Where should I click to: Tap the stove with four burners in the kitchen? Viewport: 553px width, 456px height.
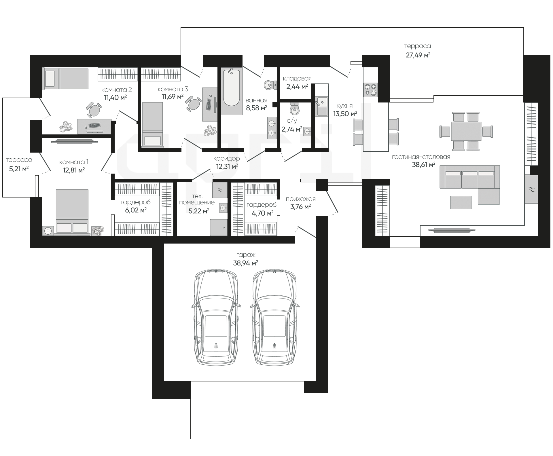point(370,89)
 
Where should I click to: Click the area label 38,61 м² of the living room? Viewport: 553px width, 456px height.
point(424,165)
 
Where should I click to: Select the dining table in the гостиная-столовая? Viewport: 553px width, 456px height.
point(466,131)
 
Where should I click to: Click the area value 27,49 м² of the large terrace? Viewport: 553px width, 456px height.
point(418,55)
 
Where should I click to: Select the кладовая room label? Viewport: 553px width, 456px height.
point(297,78)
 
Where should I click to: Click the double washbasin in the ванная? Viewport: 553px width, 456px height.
point(272,128)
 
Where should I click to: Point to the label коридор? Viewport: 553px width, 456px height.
point(227,158)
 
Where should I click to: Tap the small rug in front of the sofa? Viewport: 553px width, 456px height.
point(461,202)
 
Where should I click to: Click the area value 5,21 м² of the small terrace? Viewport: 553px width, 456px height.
point(19,169)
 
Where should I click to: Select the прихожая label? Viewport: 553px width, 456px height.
point(301,199)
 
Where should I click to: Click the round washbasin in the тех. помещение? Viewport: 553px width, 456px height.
point(223,208)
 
